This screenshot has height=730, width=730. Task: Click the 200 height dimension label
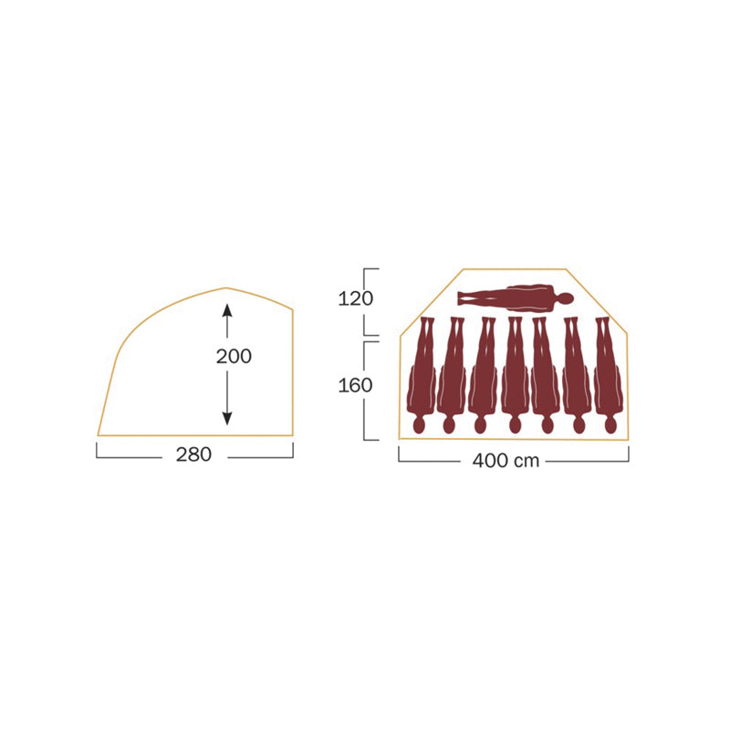point(234,356)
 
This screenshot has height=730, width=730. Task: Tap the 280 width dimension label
point(193,454)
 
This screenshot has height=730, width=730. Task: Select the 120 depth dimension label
point(355,298)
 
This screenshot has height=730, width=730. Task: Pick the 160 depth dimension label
point(355,385)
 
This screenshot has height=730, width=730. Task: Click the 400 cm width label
point(506,461)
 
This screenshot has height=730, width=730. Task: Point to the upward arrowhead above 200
point(227,310)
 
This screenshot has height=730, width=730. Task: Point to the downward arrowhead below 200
point(227,419)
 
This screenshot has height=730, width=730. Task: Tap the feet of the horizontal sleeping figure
point(462,298)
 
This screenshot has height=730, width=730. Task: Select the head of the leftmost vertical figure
point(419,425)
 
